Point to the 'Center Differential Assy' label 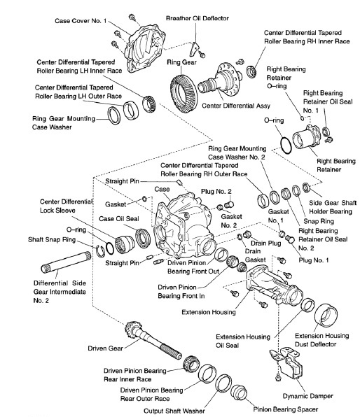(234, 108)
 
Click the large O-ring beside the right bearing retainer (284, 143)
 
